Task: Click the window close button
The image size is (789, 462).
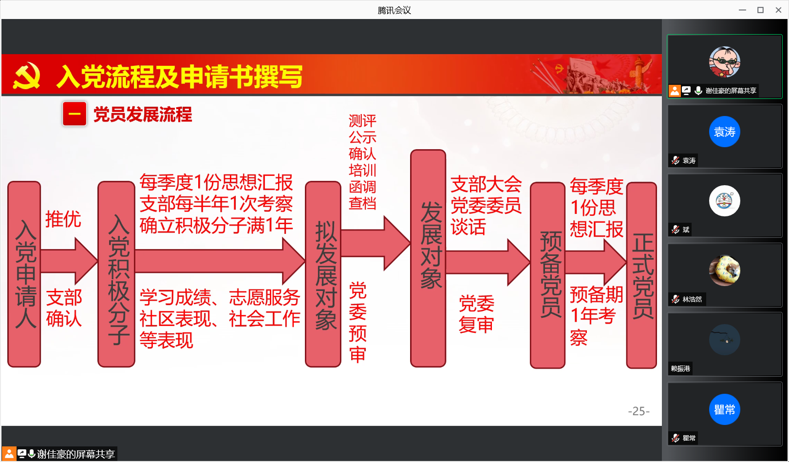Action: [x=778, y=10]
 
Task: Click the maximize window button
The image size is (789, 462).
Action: [x=760, y=10]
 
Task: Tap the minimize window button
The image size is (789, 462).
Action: [x=743, y=10]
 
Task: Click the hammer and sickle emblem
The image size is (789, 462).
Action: [x=26, y=76]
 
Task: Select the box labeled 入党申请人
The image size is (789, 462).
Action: [x=24, y=274]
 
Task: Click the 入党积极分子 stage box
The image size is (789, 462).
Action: [x=116, y=274]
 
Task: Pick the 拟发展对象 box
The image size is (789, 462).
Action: [x=323, y=274]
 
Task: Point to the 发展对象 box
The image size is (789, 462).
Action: [x=428, y=258]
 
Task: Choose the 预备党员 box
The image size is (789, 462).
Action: [x=548, y=275]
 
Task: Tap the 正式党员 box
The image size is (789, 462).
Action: [x=641, y=275]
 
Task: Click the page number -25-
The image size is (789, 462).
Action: [x=639, y=411]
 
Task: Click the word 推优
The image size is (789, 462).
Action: [x=63, y=219]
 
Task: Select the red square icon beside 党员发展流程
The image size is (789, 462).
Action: [x=75, y=114]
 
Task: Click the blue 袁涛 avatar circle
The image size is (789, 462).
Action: [x=725, y=132]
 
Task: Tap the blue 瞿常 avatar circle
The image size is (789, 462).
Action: [x=725, y=409]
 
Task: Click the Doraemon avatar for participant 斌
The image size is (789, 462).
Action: [x=725, y=200]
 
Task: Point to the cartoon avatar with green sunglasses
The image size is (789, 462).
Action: [x=725, y=62]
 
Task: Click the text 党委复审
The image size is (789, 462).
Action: [x=477, y=314]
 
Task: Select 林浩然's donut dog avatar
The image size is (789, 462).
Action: [x=725, y=270]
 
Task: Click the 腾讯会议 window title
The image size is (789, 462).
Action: [x=394, y=10]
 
